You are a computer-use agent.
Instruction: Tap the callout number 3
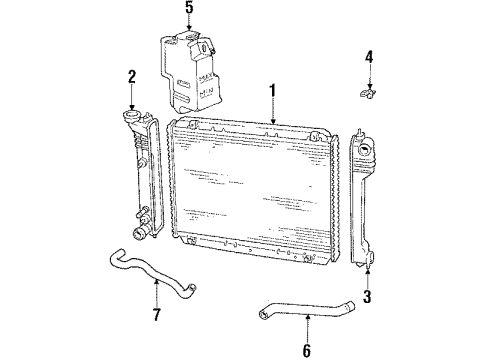[x=368, y=296]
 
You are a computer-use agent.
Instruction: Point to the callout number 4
[x=368, y=57]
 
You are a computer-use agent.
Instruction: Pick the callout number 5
[x=188, y=11]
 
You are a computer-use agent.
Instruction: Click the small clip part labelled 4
[x=368, y=96]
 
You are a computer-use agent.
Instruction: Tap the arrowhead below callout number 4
[x=368, y=86]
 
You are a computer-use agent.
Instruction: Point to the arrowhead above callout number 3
[x=368, y=268]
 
